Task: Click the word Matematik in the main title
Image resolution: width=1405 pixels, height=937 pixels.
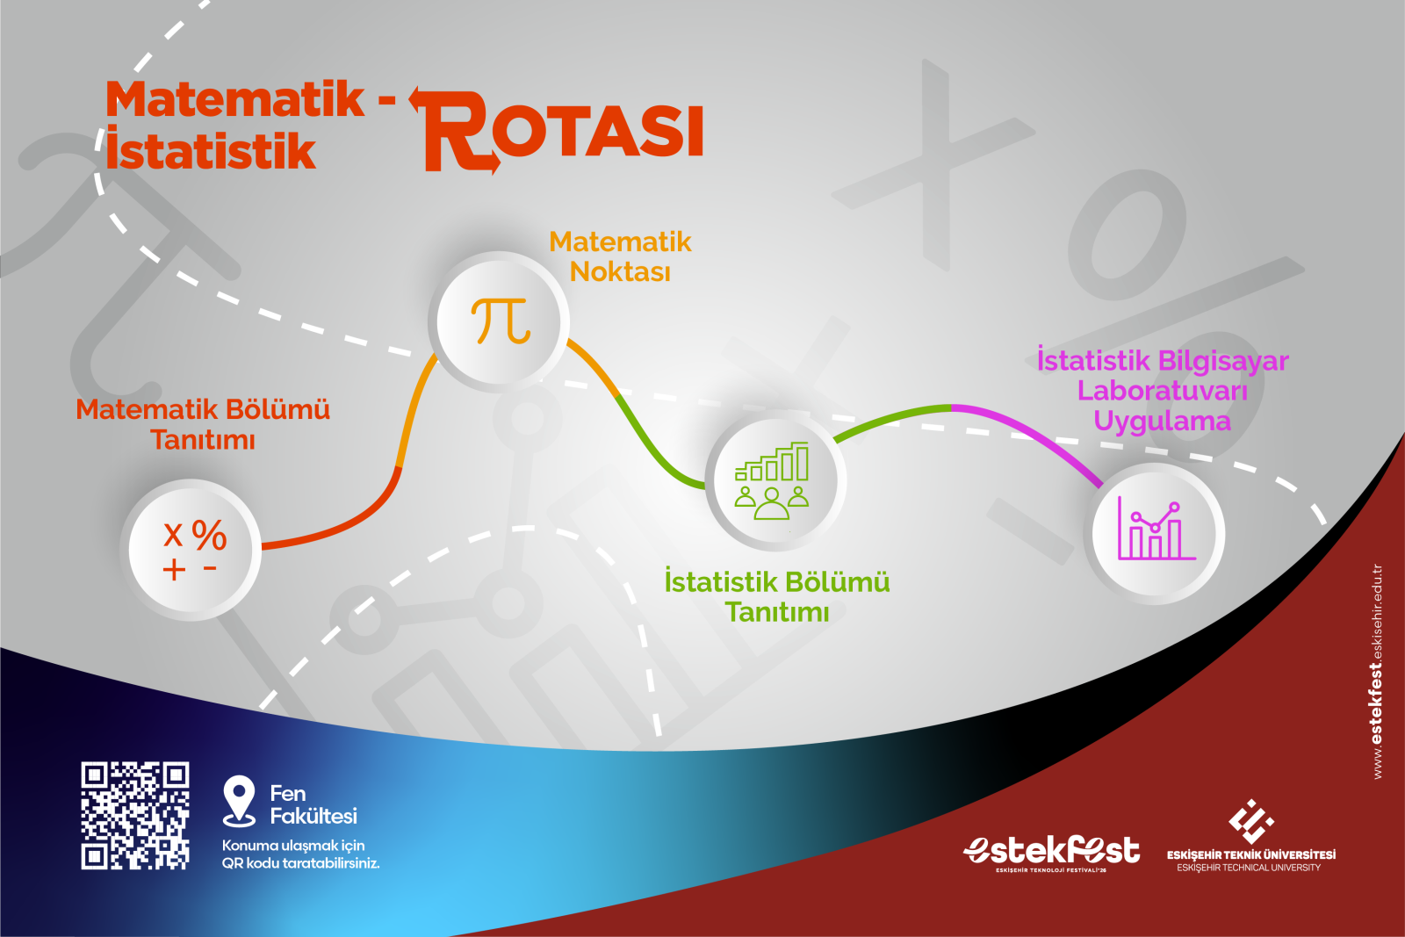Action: (234, 99)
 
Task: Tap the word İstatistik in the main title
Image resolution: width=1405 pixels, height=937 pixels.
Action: (210, 148)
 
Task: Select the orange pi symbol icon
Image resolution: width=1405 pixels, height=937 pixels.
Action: (501, 321)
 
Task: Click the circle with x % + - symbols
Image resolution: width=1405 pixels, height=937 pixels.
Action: (190, 550)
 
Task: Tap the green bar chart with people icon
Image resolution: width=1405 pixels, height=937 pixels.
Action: (772, 480)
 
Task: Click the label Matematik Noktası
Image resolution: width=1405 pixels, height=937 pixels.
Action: (620, 256)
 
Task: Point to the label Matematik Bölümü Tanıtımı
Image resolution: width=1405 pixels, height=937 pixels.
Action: (203, 425)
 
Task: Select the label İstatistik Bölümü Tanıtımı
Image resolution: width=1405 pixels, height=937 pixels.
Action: (777, 595)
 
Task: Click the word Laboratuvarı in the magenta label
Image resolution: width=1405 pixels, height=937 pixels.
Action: (1163, 391)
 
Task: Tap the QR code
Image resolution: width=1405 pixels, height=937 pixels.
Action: (135, 815)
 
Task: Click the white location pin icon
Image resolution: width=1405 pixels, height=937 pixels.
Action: (239, 801)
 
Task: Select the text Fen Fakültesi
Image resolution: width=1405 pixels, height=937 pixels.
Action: (313, 804)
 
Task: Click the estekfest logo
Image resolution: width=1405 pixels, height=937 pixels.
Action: (1051, 853)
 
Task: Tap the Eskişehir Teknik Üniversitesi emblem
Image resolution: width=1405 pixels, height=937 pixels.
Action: (1250, 822)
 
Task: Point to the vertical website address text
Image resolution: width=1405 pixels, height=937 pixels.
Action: (1377, 672)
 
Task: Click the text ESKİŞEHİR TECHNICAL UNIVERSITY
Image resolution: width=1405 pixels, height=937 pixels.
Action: (1249, 868)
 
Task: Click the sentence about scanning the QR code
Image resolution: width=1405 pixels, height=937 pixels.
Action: (300, 854)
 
